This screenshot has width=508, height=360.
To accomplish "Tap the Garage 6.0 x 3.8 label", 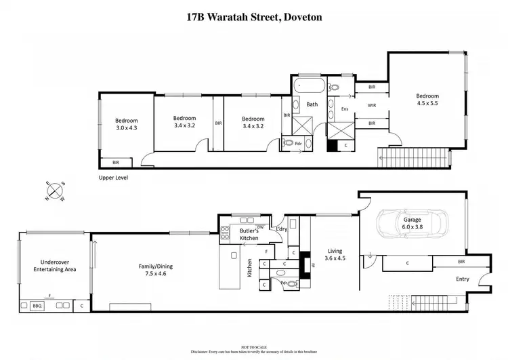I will pyautogui.click(x=412, y=224).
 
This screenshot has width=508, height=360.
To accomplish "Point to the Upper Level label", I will pyautogui.click(x=113, y=178).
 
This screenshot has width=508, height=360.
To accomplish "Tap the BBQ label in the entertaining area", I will pyautogui.click(x=37, y=306).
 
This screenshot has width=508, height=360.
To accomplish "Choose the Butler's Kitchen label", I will pyautogui.click(x=249, y=235).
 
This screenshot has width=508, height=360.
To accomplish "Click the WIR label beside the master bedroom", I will pyautogui.click(x=372, y=105).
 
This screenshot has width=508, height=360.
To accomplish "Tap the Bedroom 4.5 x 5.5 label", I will pyautogui.click(x=427, y=100).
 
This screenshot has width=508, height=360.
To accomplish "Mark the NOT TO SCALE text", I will pyautogui.click(x=254, y=346).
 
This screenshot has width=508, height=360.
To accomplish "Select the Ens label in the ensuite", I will pyautogui.click(x=344, y=108).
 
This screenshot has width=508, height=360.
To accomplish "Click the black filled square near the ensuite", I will pyautogui.click(x=332, y=145).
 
